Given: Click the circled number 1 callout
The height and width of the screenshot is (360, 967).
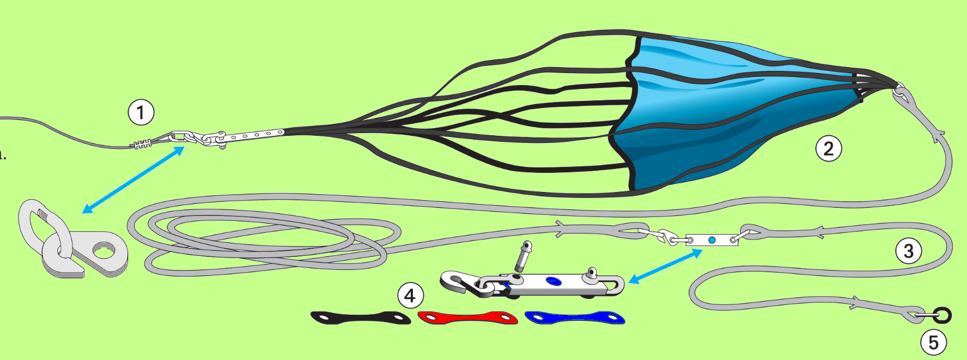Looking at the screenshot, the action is [x=141, y=112].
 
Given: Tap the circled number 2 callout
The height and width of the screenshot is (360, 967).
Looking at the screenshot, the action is [x=828, y=148].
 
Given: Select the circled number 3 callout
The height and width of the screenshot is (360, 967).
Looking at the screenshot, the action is [x=909, y=251].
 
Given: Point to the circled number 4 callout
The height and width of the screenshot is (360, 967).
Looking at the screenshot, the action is [x=410, y=296].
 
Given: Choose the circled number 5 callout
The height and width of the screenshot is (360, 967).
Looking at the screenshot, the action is [x=934, y=343].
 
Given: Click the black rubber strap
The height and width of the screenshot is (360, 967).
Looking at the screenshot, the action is [x=361, y=317].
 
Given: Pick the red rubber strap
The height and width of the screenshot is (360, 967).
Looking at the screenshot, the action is [x=467, y=317].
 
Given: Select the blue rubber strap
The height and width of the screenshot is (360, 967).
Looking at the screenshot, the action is [x=574, y=317].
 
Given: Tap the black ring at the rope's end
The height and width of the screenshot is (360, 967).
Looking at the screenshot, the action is [x=942, y=315].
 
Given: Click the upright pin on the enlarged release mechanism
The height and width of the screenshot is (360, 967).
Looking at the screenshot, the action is [x=523, y=256].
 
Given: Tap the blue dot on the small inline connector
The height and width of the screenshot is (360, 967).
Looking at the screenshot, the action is [x=712, y=240].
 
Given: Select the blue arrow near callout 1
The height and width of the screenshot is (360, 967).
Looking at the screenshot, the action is [x=134, y=179].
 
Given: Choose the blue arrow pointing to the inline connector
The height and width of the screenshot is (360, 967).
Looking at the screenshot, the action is [x=665, y=266].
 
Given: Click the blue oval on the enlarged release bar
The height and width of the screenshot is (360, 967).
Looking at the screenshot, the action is [x=554, y=281].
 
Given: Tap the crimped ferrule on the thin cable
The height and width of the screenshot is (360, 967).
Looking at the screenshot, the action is [x=142, y=145].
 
